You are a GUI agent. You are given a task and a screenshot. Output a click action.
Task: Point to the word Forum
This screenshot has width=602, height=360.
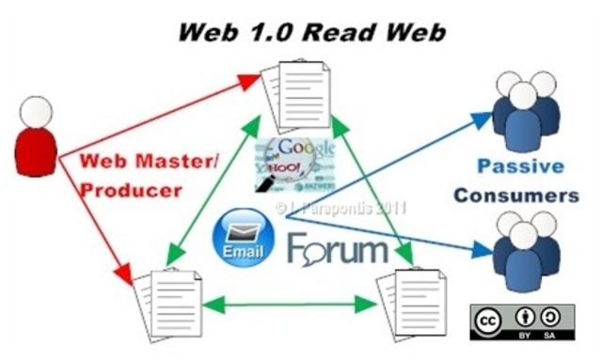coord(338,249)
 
